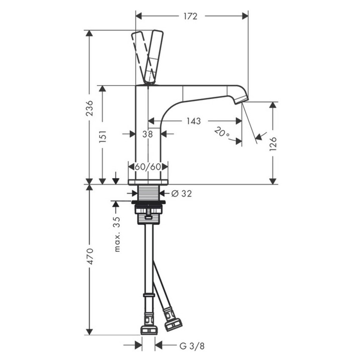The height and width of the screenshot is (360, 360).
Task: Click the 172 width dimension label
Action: click(191, 16)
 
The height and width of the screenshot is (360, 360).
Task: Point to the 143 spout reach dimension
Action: click(193, 121)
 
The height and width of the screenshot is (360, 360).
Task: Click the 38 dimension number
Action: click(147, 134)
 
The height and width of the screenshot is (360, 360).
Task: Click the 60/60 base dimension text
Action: click(148, 166)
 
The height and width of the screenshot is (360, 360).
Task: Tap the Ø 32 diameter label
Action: click(181, 194)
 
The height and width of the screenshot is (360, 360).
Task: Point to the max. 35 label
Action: click(117, 234)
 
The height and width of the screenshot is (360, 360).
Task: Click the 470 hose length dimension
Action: click(89, 256)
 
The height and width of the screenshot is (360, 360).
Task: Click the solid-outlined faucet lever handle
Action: click(153, 56)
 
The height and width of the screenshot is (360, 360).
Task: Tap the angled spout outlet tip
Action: click(241, 99)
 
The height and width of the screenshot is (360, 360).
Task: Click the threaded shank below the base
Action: click(148, 192)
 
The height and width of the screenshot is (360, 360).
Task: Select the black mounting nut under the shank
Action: click(148, 202)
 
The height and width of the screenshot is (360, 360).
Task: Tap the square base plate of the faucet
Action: click(148, 182)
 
